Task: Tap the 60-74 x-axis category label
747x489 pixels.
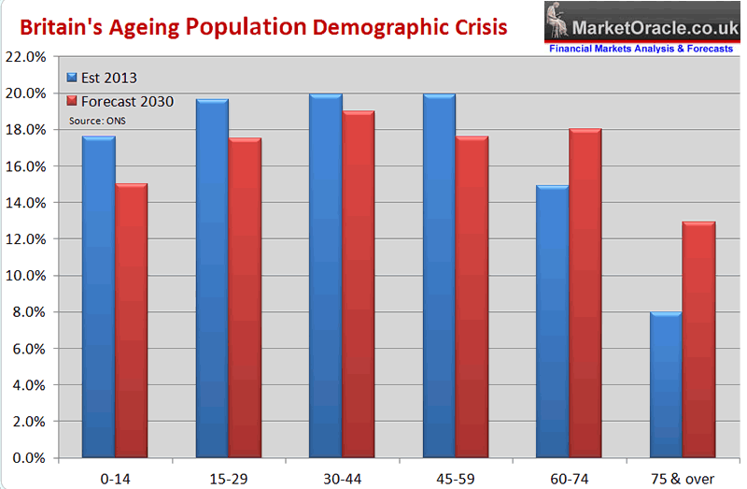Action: [x=569, y=477]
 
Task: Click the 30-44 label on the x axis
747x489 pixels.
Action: [x=342, y=477]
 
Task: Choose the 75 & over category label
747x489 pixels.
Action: [x=683, y=477]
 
